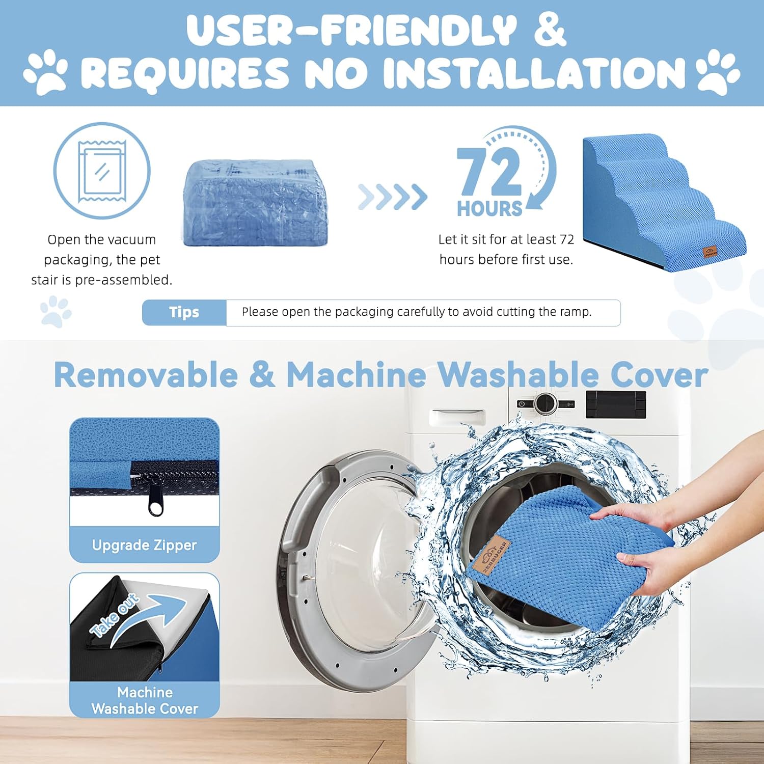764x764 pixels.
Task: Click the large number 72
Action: point(489,172)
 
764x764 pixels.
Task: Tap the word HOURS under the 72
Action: point(489,209)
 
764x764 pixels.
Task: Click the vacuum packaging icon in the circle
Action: point(102,171)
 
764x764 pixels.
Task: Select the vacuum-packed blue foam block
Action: point(255,203)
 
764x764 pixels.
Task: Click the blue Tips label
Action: point(184,312)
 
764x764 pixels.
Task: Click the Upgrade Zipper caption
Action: point(144,545)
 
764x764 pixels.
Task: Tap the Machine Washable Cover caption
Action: point(145,700)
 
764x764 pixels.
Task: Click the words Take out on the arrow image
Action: point(114,615)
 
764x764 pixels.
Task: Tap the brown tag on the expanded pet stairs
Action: point(710,251)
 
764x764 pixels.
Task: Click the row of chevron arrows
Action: point(392,197)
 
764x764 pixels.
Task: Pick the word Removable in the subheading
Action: point(146,375)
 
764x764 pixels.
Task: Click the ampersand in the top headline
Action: point(550,30)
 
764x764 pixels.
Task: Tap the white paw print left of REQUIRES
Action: point(45,71)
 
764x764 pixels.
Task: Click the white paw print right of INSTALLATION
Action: point(718,71)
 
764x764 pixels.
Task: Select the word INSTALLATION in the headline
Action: point(534,72)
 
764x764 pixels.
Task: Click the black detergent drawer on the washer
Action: point(616,404)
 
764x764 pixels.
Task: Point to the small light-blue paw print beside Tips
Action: point(56,312)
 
